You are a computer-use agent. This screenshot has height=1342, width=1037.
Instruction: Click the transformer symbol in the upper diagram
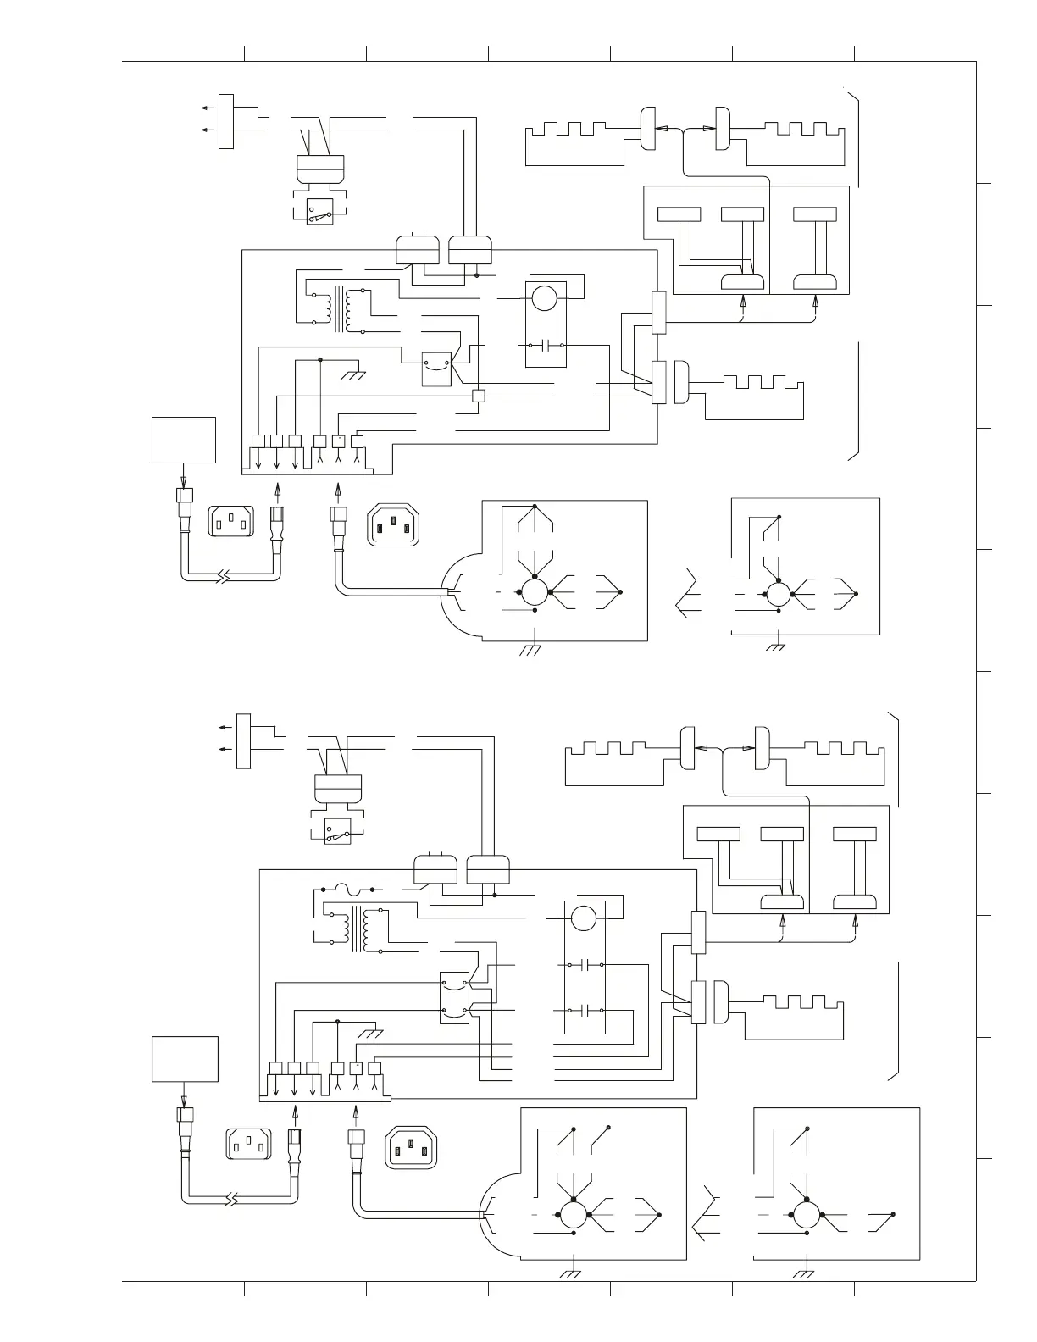[x=345, y=311]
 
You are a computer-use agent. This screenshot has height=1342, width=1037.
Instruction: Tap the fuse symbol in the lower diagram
[x=347, y=890]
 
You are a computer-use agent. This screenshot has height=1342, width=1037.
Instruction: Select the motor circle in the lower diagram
[x=583, y=918]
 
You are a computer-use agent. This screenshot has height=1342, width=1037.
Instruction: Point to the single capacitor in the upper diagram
[x=546, y=346]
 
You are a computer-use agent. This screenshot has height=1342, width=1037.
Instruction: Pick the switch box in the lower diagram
[x=337, y=831]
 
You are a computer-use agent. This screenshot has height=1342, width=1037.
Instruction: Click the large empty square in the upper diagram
[x=184, y=440]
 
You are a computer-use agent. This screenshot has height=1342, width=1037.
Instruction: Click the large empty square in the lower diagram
[x=185, y=1059]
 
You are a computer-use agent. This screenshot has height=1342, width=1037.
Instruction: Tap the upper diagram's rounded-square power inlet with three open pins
[x=230, y=521]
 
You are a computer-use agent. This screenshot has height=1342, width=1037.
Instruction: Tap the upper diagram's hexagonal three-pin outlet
[x=393, y=524]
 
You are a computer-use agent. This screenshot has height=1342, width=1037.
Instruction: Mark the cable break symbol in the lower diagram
[x=233, y=1200]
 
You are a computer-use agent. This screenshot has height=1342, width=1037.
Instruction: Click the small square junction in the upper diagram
[x=479, y=396]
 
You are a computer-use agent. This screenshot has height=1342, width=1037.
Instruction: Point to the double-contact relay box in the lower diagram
[x=455, y=997]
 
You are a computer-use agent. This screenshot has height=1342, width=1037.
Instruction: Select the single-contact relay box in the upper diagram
[x=436, y=369]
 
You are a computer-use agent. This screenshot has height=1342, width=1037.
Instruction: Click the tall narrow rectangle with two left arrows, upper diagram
[x=226, y=122]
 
